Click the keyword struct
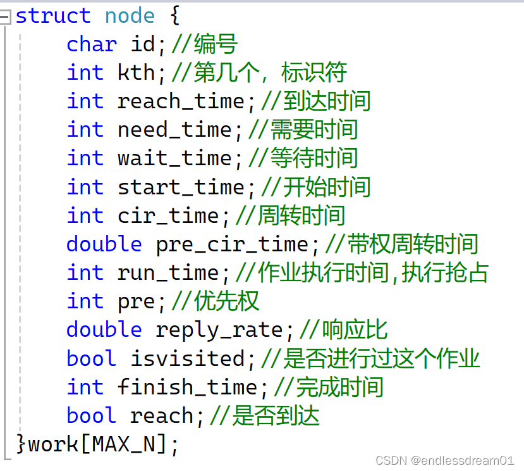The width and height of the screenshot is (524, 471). tap(53, 15)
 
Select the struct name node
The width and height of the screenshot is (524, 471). tap(130, 15)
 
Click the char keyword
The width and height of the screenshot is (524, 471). tap(92, 44)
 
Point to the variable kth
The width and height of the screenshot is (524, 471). tap(137, 73)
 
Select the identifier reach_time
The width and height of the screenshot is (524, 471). tap(181, 101)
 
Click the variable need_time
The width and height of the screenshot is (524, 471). tap(174, 130)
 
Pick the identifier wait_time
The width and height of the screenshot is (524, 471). tap(174, 158)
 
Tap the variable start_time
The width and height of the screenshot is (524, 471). tap(181, 187)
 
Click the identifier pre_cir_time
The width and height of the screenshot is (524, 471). tap(232, 244)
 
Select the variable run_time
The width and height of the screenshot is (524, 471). tap(168, 273)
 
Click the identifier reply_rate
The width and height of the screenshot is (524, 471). tap(219, 330)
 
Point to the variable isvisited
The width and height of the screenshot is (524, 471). tap(187, 358)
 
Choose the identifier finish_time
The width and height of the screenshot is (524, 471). tap(187, 387)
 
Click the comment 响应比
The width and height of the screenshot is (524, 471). tap(355, 330)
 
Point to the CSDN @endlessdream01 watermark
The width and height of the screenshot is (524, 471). tap(445, 460)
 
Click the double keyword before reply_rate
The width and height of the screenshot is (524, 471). tap(104, 330)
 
